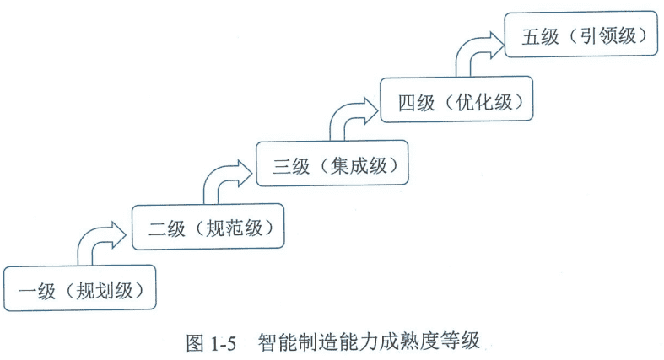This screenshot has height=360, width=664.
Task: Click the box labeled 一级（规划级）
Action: [x=80, y=290]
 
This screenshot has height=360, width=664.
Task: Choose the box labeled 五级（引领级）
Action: [x=582, y=36]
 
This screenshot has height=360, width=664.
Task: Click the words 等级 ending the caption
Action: [x=462, y=341]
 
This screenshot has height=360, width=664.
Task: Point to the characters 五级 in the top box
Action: [x=540, y=37]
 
